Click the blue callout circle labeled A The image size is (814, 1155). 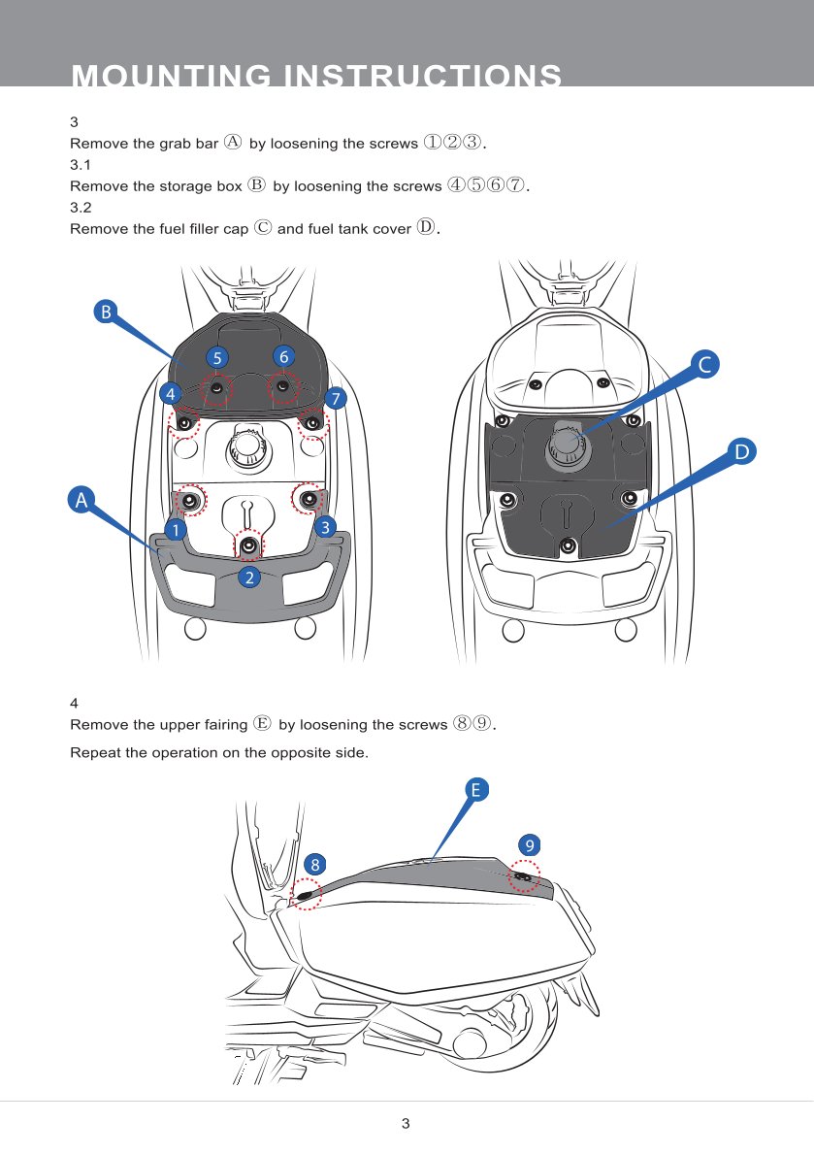coord(81,500)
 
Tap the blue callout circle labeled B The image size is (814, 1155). coord(106,312)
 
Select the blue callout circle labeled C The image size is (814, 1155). coord(705,365)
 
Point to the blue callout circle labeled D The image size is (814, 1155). coord(742,450)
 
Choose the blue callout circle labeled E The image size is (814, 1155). coord(476,790)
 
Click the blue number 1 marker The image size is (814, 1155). coord(176,530)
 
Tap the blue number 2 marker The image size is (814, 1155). coord(249,577)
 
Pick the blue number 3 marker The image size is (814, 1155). coord(325,527)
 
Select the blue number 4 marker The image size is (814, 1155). coord(171,393)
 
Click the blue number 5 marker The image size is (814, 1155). coord(217,358)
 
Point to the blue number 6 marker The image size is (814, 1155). coord(284,356)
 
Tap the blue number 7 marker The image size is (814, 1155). coord(336,399)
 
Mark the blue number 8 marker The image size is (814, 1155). coord(315,865)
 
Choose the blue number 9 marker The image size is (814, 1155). coord(529,844)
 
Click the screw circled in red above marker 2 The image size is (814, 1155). coord(248,545)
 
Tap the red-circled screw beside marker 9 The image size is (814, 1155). coord(523,876)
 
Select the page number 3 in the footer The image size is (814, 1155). coord(406,1123)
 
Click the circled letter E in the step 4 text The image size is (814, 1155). coord(263,723)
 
